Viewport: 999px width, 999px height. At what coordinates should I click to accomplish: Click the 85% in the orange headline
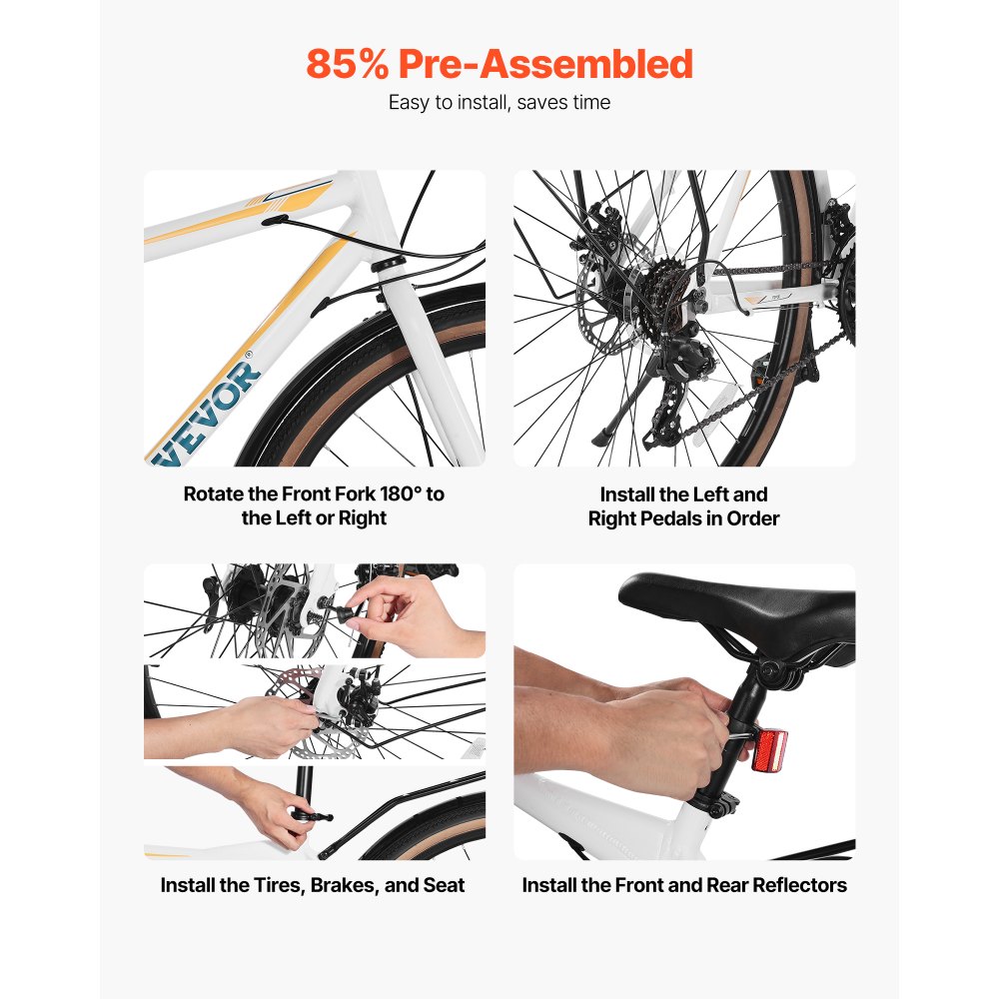(348, 64)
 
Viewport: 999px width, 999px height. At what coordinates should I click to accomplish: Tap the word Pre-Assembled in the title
(546, 64)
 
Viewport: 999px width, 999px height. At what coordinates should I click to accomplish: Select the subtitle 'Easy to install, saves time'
(499, 102)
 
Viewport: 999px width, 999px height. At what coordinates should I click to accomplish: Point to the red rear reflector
(769, 751)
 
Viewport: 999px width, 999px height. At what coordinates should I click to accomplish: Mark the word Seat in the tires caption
(444, 885)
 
